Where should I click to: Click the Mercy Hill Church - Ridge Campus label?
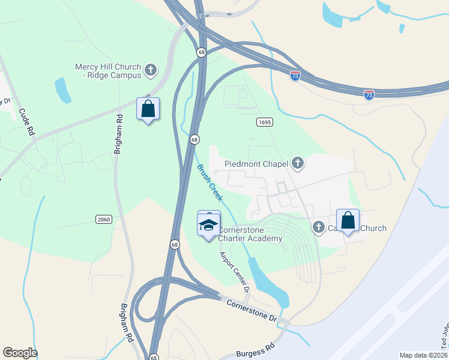click(108, 71)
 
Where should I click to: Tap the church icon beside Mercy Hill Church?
click(150, 70)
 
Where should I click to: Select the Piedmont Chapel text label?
click(256, 163)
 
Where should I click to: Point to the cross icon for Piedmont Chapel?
click(297, 163)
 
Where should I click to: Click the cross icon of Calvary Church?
click(319, 227)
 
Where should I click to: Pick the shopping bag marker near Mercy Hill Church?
click(148, 109)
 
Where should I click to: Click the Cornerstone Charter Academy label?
click(250, 234)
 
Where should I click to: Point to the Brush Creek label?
click(211, 182)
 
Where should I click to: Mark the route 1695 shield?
click(265, 122)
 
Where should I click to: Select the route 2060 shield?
click(103, 220)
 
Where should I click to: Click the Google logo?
click(20, 353)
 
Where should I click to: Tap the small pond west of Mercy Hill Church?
click(62, 90)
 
